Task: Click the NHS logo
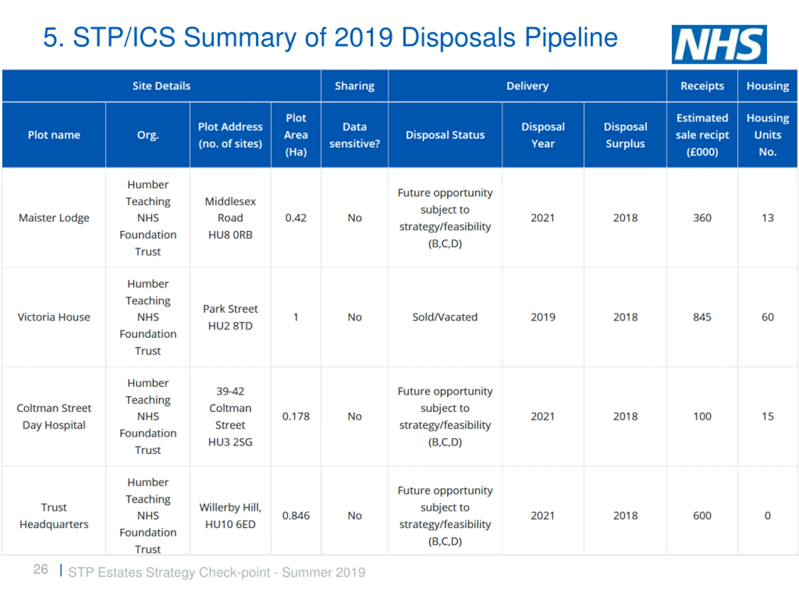[719, 44]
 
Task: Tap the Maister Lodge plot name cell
[54, 218]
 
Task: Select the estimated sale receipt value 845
[702, 317]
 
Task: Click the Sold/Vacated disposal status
[445, 317]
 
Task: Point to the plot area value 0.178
[296, 416]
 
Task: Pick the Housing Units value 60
[767, 317]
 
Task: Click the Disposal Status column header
[445, 135]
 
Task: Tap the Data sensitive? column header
[354, 135]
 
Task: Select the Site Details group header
[161, 86]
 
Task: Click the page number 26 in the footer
[41, 569]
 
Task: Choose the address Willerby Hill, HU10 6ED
[230, 516]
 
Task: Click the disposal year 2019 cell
[542, 317]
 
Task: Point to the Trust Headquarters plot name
[54, 516]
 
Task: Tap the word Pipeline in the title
[571, 37]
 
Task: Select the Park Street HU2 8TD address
[230, 317]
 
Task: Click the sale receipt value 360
[702, 218]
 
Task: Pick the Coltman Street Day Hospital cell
[54, 416]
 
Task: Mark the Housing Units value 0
[767, 516]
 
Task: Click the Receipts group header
[702, 86]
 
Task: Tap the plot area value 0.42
[296, 218]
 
